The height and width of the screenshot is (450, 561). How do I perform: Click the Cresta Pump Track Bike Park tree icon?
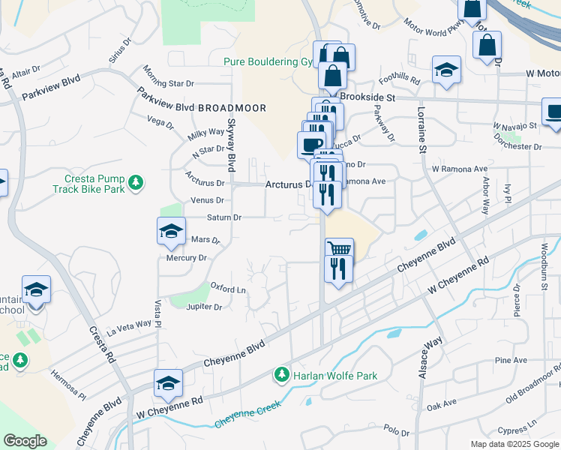click(x=136, y=181)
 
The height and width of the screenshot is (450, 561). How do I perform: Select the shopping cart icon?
click(x=339, y=248)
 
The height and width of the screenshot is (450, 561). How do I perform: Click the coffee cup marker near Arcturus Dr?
click(x=311, y=143)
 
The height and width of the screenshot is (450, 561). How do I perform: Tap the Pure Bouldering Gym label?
click(x=267, y=62)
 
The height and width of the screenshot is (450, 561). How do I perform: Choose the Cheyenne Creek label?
click(x=248, y=415)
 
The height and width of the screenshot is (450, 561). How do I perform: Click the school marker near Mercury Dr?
click(x=171, y=231)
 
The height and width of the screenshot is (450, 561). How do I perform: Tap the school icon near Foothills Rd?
click(x=446, y=70)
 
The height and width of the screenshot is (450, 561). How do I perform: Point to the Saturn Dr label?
click(x=223, y=217)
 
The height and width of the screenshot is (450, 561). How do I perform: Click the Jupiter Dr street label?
click(x=206, y=307)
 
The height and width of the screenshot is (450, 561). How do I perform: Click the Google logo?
click(x=25, y=441)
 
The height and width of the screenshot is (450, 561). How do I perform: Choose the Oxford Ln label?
click(x=228, y=288)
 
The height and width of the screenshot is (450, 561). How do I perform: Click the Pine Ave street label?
click(x=511, y=361)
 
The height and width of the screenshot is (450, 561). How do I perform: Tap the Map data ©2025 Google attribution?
click(x=513, y=444)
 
